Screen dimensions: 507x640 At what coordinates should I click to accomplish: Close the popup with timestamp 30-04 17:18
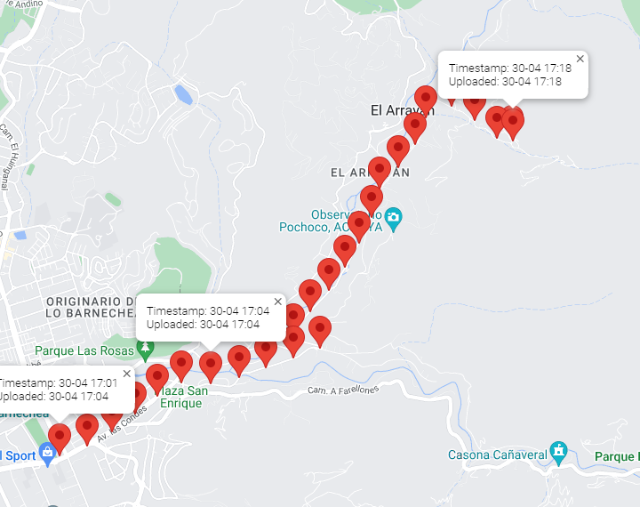click(x=580, y=59)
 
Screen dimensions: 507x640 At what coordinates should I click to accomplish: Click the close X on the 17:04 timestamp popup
click(x=278, y=302)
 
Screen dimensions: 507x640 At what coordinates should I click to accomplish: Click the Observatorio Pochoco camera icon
click(x=393, y=217)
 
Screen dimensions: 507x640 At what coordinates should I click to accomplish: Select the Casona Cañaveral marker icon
click(x=557, y=450)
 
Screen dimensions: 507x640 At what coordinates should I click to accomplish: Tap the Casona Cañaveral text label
click(x=497, y=455)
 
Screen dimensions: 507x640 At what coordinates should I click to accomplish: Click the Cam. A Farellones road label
click(x=343, y=390)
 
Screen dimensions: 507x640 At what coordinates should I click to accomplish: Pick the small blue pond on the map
click(x=184, y=93)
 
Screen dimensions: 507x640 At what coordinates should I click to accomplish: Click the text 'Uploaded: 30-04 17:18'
click(x=505, y=82)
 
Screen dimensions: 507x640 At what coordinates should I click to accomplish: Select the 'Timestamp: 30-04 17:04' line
click(x=207, y=312)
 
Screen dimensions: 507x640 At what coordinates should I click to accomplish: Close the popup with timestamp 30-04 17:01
click(x=126, y=374)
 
